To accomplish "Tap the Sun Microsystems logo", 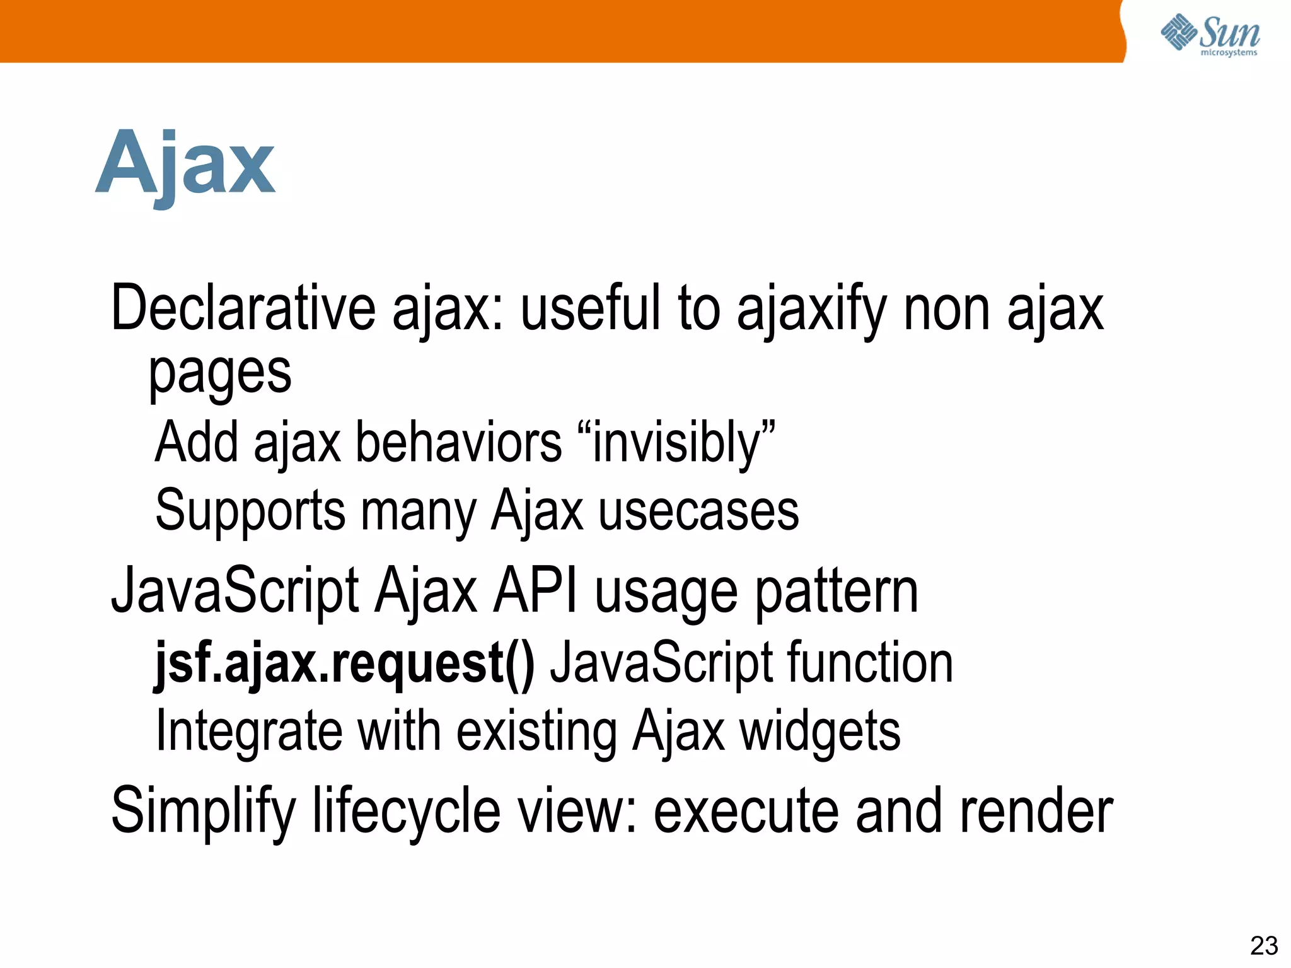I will pos(1210,35).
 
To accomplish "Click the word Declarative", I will pos(243,308).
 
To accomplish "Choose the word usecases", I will pos(698,511).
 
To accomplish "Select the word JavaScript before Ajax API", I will pos(235,591).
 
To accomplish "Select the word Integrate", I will pos(249,732).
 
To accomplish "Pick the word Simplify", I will pos(203,812).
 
